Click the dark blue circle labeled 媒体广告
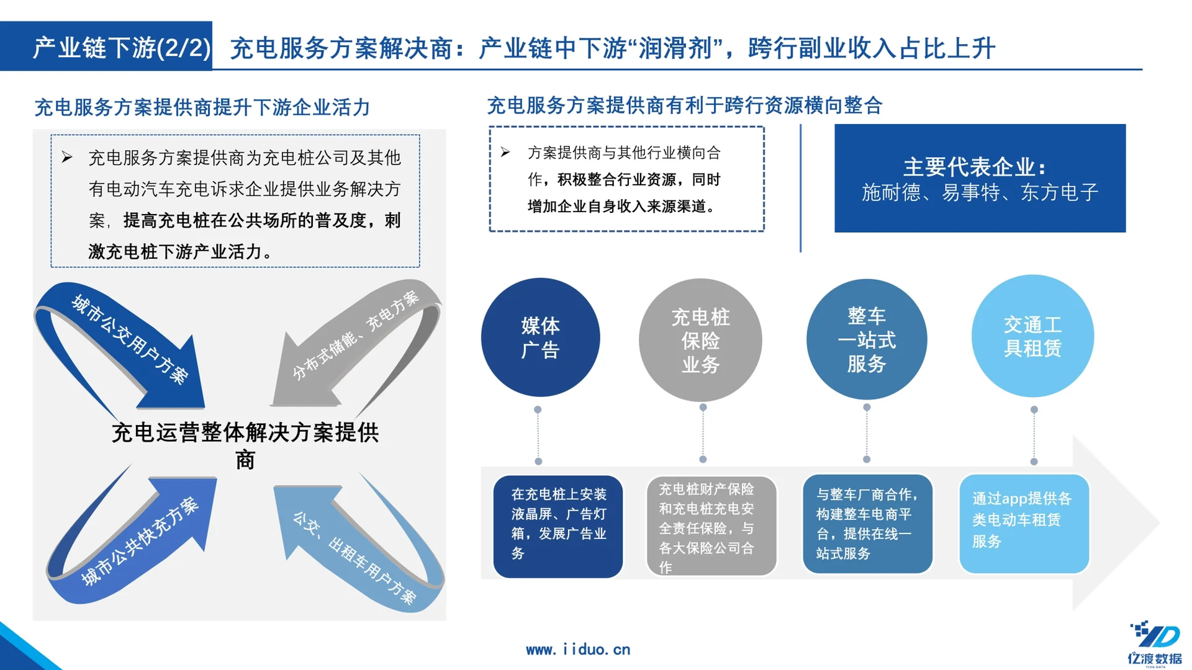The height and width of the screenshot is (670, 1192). pyautogui.click(x=540, y=337)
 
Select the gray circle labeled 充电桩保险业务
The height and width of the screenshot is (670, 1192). pyautogui.click(x=700, y=340)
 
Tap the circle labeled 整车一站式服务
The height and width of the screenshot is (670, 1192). pyautogui.click(x=867, y=339)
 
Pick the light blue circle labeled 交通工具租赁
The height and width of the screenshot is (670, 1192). pyautogui.click(x=1032, y=336)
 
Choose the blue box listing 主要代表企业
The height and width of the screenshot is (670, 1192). pyautogui.click(x=980, y=179)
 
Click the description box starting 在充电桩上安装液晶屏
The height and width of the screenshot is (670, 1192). pyautogui.click(x=558, y=526)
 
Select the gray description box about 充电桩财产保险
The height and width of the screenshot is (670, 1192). pyautogui.click(x=711, y=526)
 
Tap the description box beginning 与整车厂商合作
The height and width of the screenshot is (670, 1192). pyautogui.click(x=867, y=524)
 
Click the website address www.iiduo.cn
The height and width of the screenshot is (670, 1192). pyautogui.click(x=578, y=650)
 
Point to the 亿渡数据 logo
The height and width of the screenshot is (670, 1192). pyautogui.click(x=1154, y=643)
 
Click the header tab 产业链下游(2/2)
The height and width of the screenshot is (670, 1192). pyautogui.click(x=121, y=47)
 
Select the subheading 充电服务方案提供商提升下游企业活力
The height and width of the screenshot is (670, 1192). pyautogui.click(x=202, y=107)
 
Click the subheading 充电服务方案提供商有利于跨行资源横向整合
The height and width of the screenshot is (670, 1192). pyautogui.click(x=684, y=105)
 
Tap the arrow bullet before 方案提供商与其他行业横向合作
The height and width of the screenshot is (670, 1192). pyautogui.click(x=505, y=152)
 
